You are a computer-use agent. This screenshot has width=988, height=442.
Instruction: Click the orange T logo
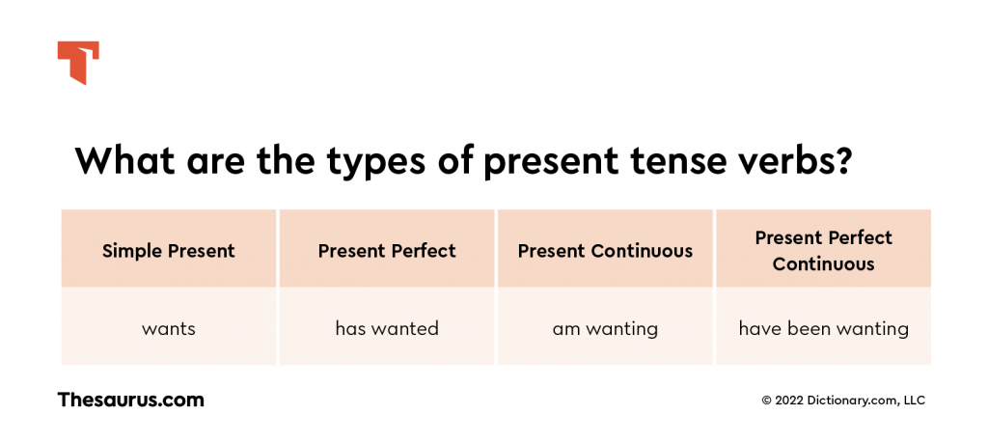(x=77, y=62)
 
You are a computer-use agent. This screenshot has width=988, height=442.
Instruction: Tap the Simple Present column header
(x=169, y=251)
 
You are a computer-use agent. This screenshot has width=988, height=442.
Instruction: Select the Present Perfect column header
(x=387, y=251)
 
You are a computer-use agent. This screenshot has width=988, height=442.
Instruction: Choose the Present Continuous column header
(x=605, y=251)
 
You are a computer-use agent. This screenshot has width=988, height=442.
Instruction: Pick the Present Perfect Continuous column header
(x=823, y=250)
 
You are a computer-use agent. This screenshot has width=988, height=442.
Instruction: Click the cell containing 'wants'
(x=169, y=328)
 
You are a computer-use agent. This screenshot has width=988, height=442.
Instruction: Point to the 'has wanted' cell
(x=387, y=328)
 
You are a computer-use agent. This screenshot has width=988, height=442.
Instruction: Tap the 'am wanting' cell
(x=605, y=328)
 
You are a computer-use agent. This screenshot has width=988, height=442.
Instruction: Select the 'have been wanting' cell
(x=823, y=328)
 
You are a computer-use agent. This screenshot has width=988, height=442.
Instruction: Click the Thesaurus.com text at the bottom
(x=130, y=400)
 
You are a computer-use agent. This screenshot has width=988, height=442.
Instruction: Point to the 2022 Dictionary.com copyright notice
(x=843, y=401)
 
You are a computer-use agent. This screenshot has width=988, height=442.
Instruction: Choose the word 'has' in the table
(x=349, y=328)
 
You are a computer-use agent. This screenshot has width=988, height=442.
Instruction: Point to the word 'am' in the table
(x=565, y=329)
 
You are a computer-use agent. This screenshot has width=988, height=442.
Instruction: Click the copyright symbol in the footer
(x=767, y=401)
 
